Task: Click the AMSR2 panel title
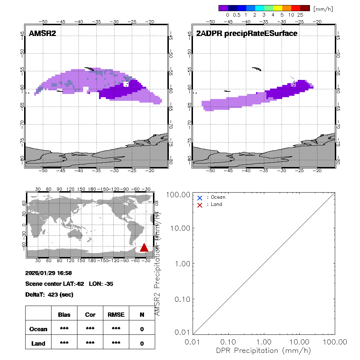coord(43,33)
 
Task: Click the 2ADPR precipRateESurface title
coord(247,33)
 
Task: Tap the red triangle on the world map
coord(144,248)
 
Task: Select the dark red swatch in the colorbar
coord(305,8)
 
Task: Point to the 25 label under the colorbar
coord(301,15)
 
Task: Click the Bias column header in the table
coord(64,315)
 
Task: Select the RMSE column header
coord(116,315)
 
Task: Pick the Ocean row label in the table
coord(38,329)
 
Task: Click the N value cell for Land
coord(142,343)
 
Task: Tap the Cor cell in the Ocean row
coord(90,329)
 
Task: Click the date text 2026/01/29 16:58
coord(49,273)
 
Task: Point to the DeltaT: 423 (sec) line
coord(49,294)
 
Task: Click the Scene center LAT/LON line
coord(69,284)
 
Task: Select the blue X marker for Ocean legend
coord(200,198)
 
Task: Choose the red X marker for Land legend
coord(200,205)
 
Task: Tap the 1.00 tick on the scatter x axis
coord(264,342)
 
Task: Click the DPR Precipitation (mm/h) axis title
coord(264,350)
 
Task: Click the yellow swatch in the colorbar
coord(278,8)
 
